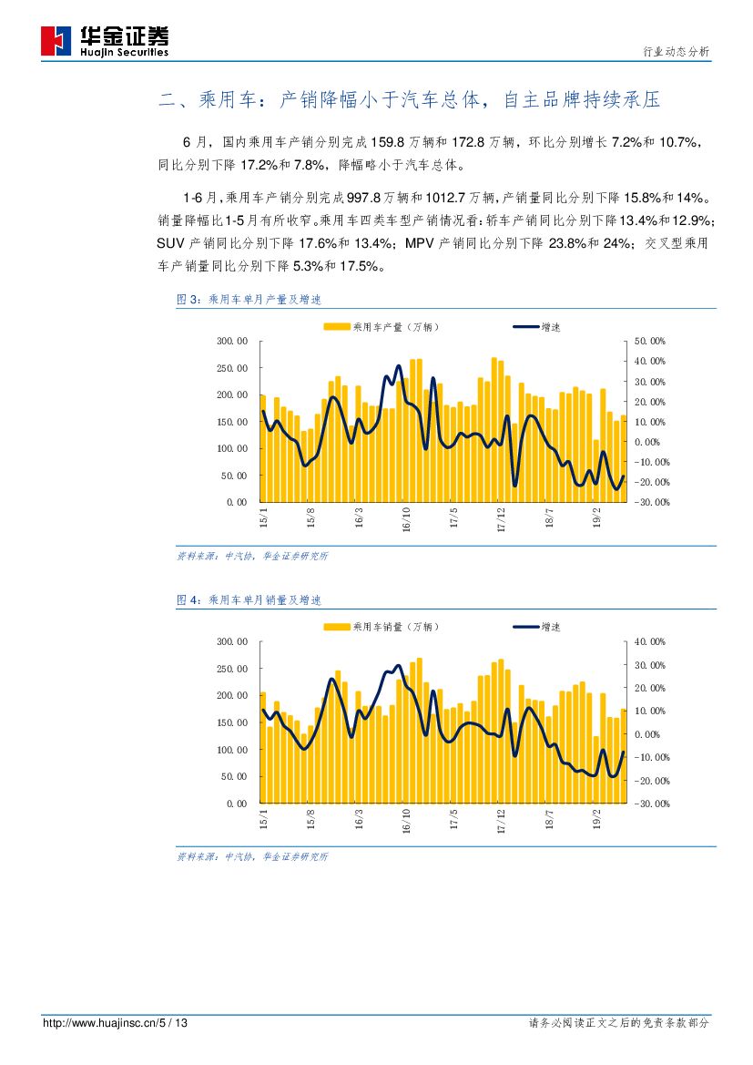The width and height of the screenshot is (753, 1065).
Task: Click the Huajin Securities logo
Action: coord(105,41)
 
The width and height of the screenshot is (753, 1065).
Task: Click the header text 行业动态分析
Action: coord(676,53)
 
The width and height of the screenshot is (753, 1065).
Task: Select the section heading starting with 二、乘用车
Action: coord(409,99)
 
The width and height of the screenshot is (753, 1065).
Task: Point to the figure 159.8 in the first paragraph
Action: coord(388,143)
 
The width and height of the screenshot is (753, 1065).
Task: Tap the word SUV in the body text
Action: coord(171,243)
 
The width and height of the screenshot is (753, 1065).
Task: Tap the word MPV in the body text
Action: coord(420,243)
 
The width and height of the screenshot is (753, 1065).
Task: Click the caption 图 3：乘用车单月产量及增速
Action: coord(249,299)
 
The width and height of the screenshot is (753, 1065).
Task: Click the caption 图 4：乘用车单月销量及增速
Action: coord(249,600)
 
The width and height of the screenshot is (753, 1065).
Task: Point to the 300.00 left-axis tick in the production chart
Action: coord(231,341)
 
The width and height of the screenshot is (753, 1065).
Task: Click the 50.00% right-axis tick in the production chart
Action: coord(650,341)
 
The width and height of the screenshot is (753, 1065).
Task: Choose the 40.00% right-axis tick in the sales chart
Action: coord(650,641)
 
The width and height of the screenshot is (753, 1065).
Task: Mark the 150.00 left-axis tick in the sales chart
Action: coord(231,722)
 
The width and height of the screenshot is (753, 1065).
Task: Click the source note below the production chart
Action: coord(252,556)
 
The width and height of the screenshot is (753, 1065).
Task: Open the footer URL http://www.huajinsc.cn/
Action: coord(100,1023)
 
